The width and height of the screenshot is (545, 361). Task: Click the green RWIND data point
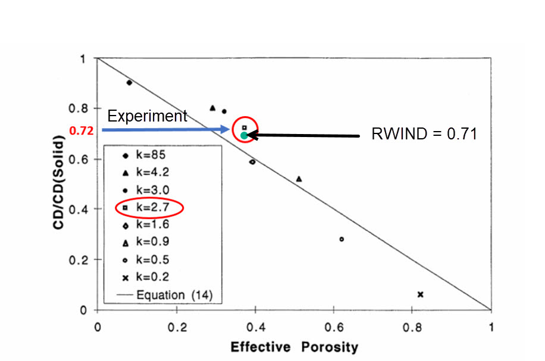tap(244, 135)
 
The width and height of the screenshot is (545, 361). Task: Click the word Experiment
tap(148, 116)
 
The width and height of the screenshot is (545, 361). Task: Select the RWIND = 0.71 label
tap(424, 134)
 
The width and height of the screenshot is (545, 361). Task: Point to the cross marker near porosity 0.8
tap(421, 294)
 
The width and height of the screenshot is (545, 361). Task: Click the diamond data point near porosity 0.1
tap(129, 83)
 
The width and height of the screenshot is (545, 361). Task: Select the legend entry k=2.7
tap(149, 207)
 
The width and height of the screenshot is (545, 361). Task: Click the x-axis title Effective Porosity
tap(294, 346)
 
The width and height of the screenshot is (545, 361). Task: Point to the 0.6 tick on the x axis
tap(334, 326)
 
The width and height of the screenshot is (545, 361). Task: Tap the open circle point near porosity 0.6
tap(342, 239)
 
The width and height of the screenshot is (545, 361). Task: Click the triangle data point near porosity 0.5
tap(299, 179)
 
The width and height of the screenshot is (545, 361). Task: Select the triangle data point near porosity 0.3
tap(212, 108)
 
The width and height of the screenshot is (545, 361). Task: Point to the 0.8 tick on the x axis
tap(412, 326)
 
